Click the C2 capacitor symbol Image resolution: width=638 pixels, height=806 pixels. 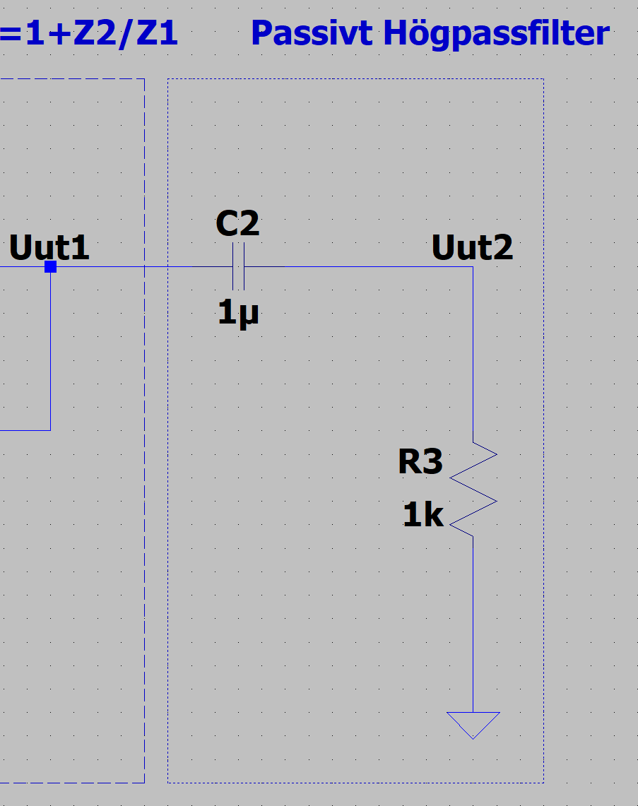(238, 267)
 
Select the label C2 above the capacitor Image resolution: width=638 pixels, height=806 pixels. (237, 225)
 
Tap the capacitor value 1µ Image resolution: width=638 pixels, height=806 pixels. (238, 312)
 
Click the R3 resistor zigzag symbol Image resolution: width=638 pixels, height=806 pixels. (473, 489)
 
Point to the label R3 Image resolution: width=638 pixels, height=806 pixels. (420, 462)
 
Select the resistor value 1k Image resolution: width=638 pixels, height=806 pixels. (423, 515)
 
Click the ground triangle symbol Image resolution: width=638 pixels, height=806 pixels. (473, 723)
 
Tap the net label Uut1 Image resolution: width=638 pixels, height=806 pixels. (49, 248)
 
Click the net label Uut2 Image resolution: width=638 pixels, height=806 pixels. (472, 248)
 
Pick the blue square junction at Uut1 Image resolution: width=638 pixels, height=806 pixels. (50, 266)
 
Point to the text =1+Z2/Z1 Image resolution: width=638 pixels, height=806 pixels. (89, 33)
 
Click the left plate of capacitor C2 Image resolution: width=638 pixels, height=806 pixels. (233, 267)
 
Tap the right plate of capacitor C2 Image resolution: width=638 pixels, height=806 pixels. (244, 267)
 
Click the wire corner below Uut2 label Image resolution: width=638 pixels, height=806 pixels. (473, 267)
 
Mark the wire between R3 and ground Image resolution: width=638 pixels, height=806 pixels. (473, 622)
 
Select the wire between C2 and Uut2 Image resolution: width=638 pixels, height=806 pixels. (353, 267)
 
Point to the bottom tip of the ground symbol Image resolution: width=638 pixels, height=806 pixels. (473, 738)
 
